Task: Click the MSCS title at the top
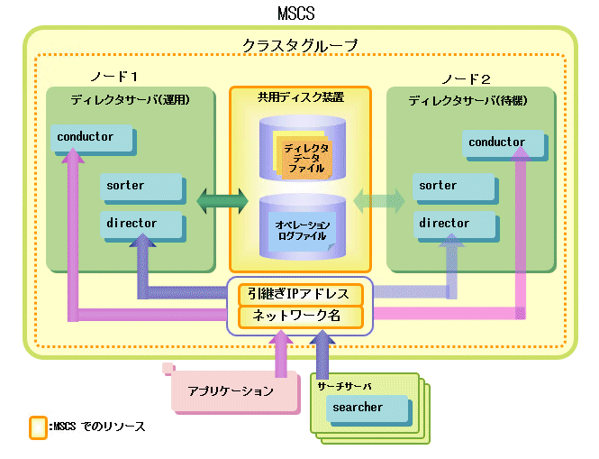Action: [296, 14]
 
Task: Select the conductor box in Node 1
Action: [92, 138]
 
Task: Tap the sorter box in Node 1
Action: [141, 187]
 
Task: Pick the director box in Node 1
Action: [141, 225]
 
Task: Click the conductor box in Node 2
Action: [504, 143]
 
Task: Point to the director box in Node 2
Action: [454, 225]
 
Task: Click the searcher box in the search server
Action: [368, 409]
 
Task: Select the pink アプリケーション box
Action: [234, 390]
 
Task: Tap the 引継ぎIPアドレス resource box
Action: [300, 295]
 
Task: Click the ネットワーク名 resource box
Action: [300, 317]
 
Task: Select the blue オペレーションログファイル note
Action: [302, 231]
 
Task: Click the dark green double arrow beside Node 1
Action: [222, 200]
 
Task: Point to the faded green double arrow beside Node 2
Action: [379, 200]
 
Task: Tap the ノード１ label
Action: [114, 77]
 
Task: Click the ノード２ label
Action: [466, 79]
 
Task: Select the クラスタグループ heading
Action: [300, 45]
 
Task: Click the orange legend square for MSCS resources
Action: [38, 427]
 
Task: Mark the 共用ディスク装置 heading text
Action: [301, 97]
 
